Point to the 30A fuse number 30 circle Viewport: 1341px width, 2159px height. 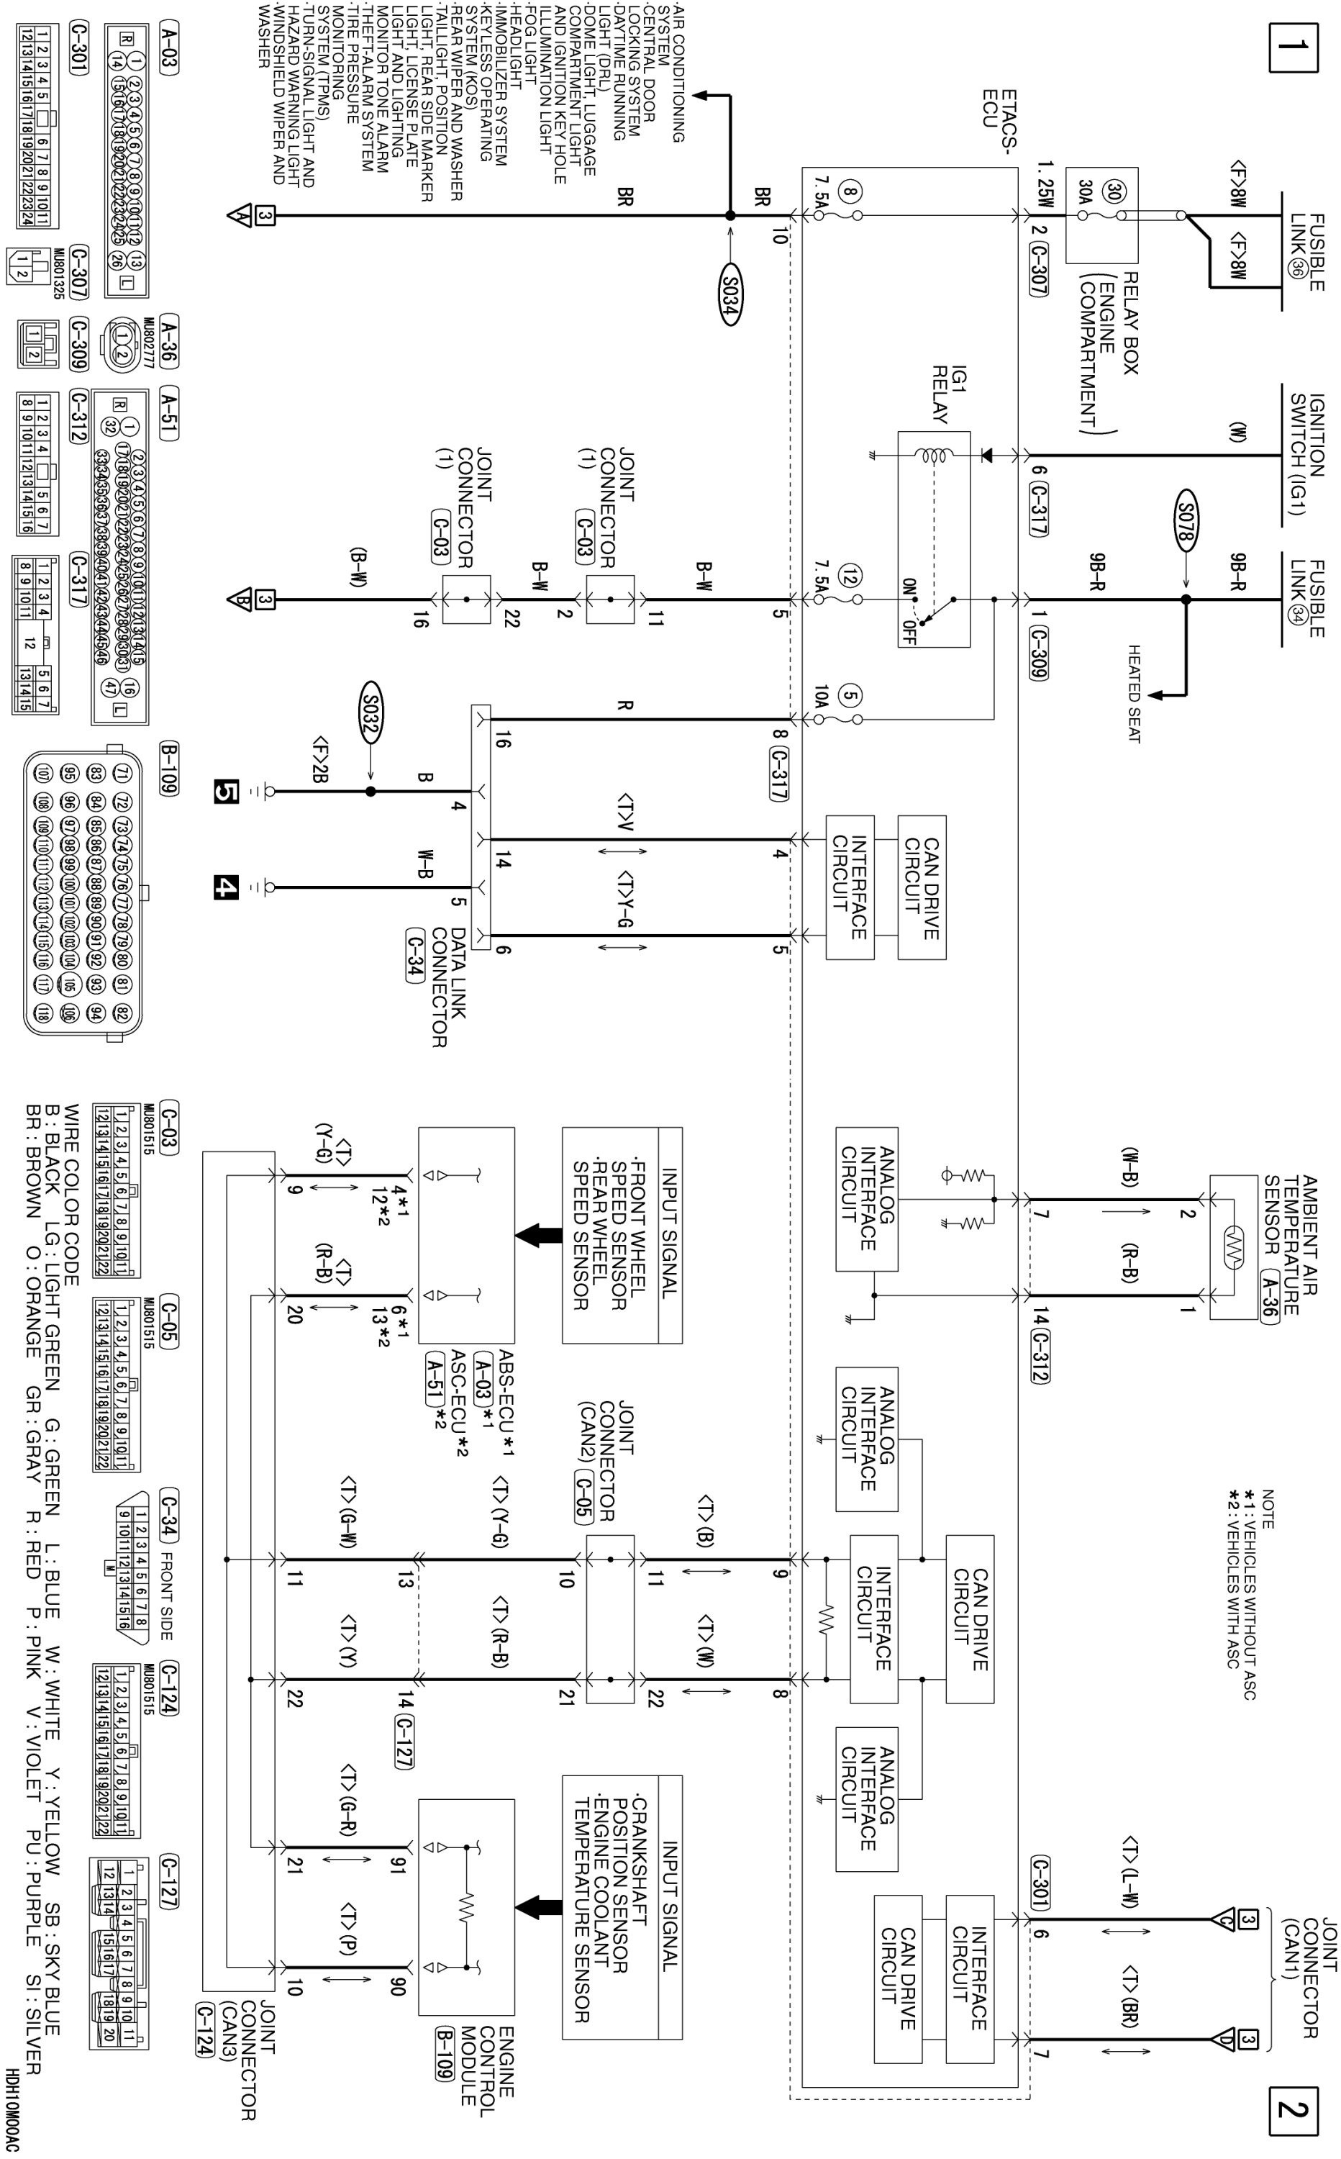(x=1112, y=192)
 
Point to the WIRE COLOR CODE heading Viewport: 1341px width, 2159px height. (x=72, y=1194)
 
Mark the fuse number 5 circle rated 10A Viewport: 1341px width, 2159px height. (x=850, y=697)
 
